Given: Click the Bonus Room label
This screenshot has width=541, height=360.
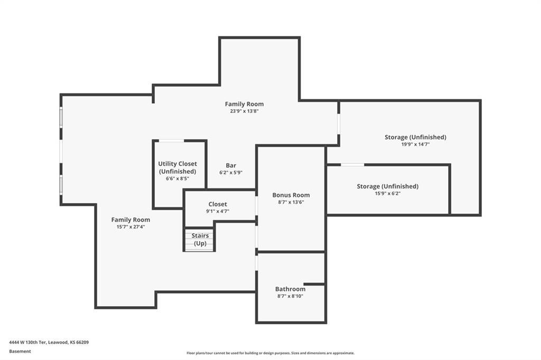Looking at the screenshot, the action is pos(291,195).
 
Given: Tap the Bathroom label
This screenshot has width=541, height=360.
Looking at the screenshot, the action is pos(290,289).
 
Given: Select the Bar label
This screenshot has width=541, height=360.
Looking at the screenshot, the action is pos(231,166).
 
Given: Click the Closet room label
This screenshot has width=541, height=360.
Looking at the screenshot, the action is pos(218,204).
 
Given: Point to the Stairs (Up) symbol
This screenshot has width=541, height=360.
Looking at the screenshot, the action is pos(199,240).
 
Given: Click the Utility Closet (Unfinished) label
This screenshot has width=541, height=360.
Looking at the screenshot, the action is pos(178,167).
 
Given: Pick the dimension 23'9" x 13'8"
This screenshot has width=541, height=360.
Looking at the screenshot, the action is pos(244,111).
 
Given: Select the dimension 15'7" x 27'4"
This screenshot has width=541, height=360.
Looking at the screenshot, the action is pos(130,227).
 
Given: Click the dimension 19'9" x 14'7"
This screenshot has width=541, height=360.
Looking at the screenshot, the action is pos(415,144).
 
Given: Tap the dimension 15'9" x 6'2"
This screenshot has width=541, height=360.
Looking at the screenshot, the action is pos(387,193).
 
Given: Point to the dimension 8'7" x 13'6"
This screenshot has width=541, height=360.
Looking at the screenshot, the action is pos(291,202).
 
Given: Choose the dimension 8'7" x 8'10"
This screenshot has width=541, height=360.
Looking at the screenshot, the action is pos(290,296).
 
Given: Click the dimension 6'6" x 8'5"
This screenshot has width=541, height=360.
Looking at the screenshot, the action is pos(178,178).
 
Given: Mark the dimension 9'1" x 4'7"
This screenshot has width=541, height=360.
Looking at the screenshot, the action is pos(218,211).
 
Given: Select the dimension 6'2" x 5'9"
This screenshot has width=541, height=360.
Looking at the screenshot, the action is pos(231,173).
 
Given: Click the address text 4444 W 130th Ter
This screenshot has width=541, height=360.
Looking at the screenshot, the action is pos(27,343).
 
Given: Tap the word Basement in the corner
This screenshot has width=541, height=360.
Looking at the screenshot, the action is pos(20,352).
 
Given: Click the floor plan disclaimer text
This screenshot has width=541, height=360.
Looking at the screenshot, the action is pos(270,353).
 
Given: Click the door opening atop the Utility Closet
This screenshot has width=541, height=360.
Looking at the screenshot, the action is pos(171,141).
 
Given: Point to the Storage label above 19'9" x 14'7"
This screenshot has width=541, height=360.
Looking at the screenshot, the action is pos(415,137).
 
